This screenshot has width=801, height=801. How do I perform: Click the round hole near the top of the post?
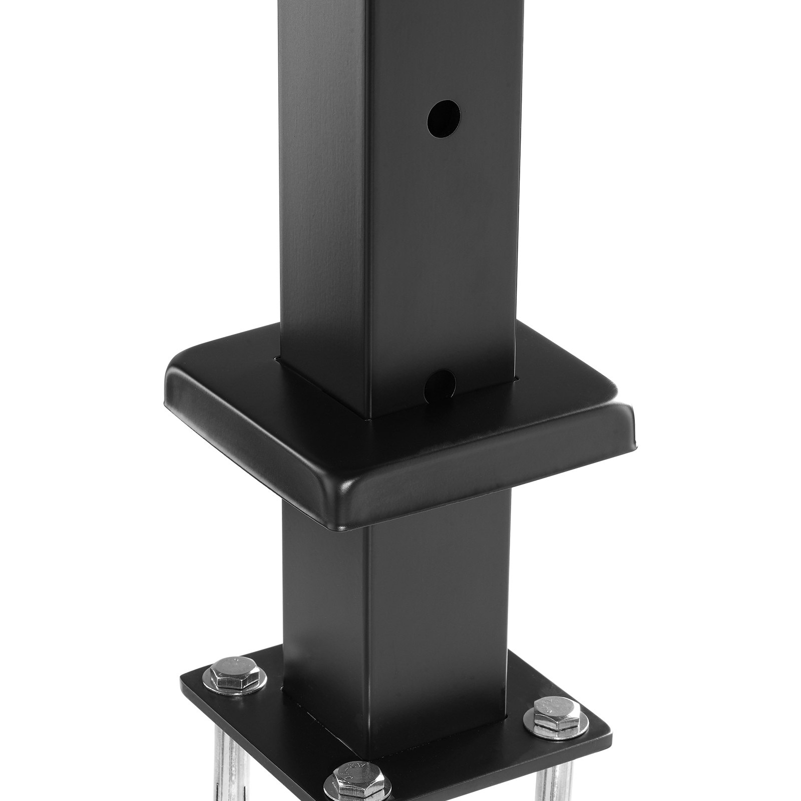click(443, 118)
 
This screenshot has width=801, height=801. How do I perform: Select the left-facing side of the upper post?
click(323, 200)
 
